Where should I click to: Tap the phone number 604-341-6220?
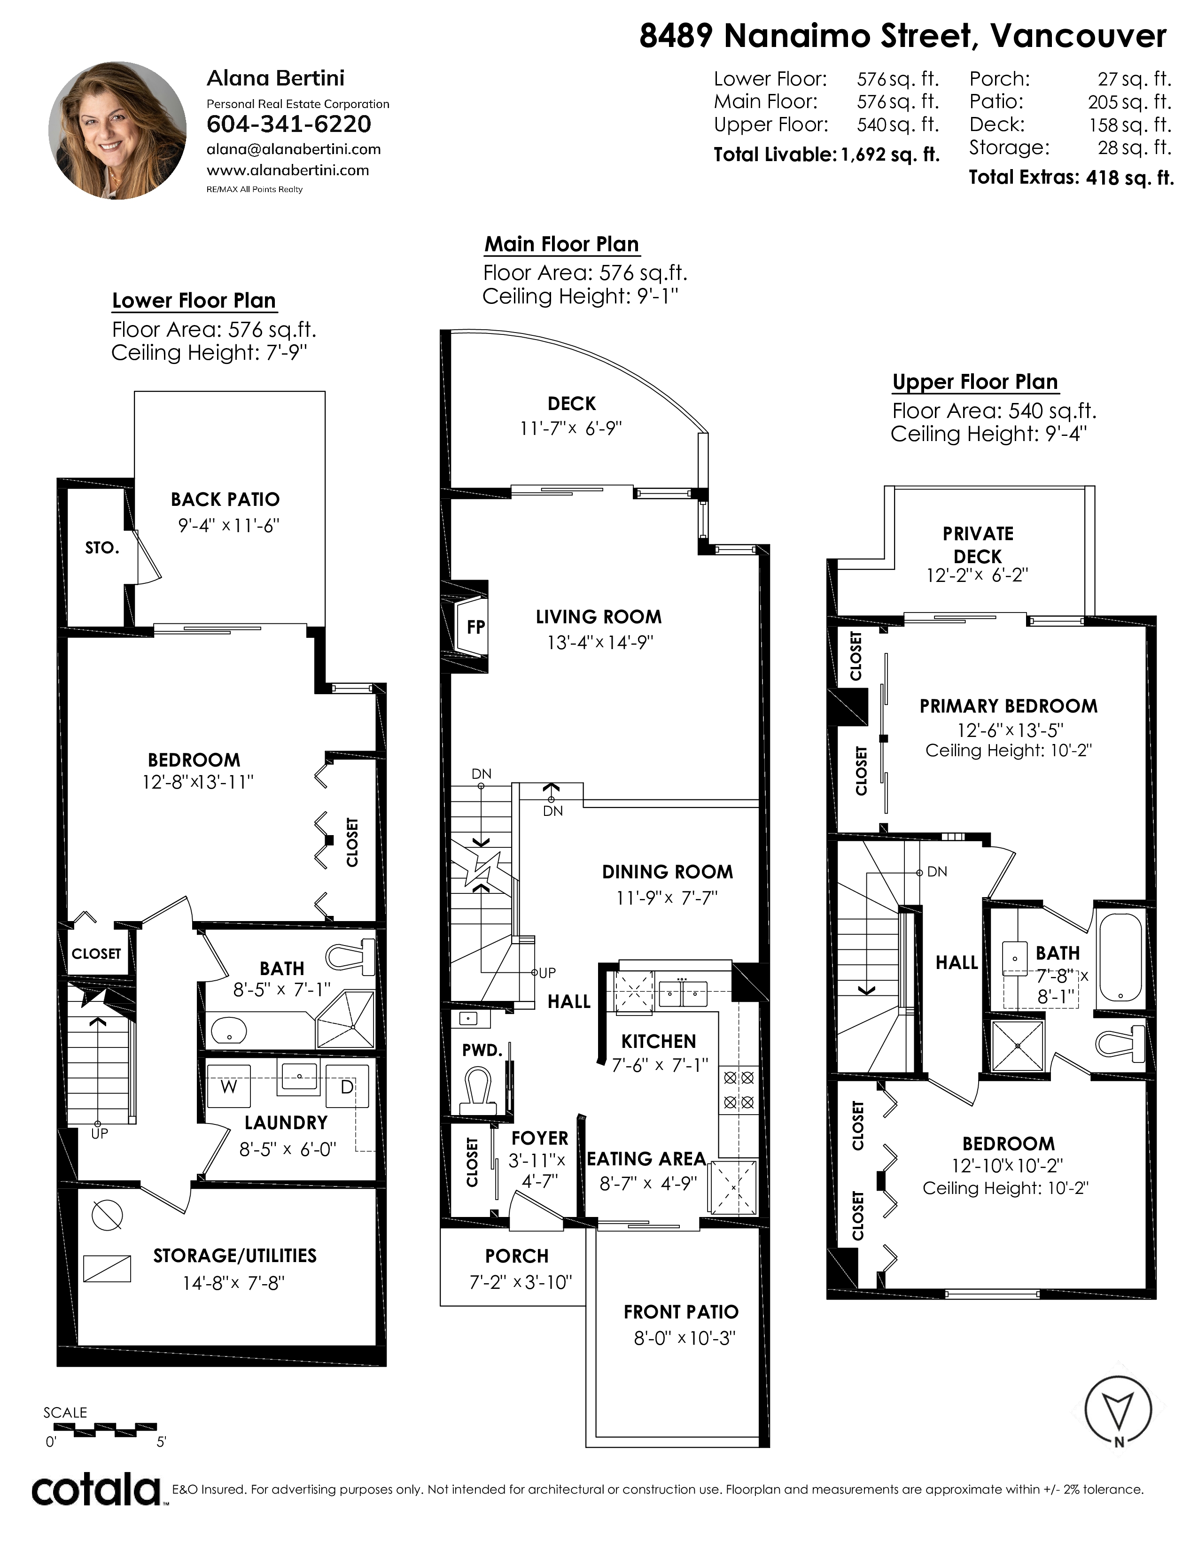[x=289, y=124]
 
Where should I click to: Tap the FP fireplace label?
[x=475, y=627]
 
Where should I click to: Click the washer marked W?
[x=228, y=1086]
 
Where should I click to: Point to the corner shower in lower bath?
[x=346, y=1020]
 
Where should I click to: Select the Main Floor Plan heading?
[x=562, y=244]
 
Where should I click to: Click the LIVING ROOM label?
[x=598, y=617]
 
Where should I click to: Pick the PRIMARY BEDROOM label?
[x=1009, y=706]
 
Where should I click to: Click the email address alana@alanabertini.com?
[x=294, y=149]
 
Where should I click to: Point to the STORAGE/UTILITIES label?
[x=235, y=1255]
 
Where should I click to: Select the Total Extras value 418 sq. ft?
[x=1130, y=178]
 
